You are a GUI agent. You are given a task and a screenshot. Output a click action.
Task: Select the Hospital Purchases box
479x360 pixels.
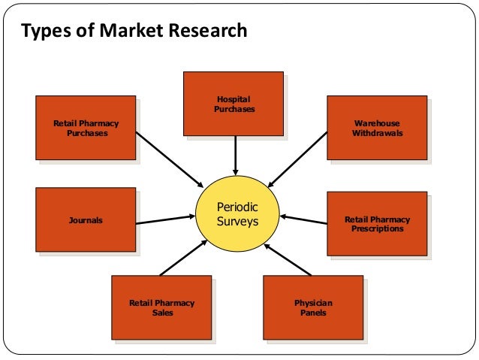[x=233, y=104]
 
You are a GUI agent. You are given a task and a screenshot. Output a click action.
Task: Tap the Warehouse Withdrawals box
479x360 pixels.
[x=377, y=127]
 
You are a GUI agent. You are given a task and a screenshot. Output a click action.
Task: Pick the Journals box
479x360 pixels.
[x=86, y=221]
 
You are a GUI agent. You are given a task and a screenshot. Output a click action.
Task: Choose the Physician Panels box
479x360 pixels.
[x=313, y=307]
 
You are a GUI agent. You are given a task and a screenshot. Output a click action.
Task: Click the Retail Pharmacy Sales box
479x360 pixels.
[x=161, y=307]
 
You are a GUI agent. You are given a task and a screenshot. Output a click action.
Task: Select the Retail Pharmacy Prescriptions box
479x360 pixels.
[x=377, y=224]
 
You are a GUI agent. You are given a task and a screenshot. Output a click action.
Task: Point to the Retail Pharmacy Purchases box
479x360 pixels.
[x=86, y=128]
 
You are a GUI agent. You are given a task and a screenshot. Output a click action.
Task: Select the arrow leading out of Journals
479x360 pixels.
[x=165, y=219]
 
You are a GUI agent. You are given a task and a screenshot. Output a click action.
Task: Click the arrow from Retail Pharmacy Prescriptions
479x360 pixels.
[x=304, y=221]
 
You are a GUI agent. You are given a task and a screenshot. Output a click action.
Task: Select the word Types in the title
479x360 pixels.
[x=42, y=32]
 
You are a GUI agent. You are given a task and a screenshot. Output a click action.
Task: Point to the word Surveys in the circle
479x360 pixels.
[x=236, y=222]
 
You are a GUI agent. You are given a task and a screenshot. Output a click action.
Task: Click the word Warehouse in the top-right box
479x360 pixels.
[x=377, y=123]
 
